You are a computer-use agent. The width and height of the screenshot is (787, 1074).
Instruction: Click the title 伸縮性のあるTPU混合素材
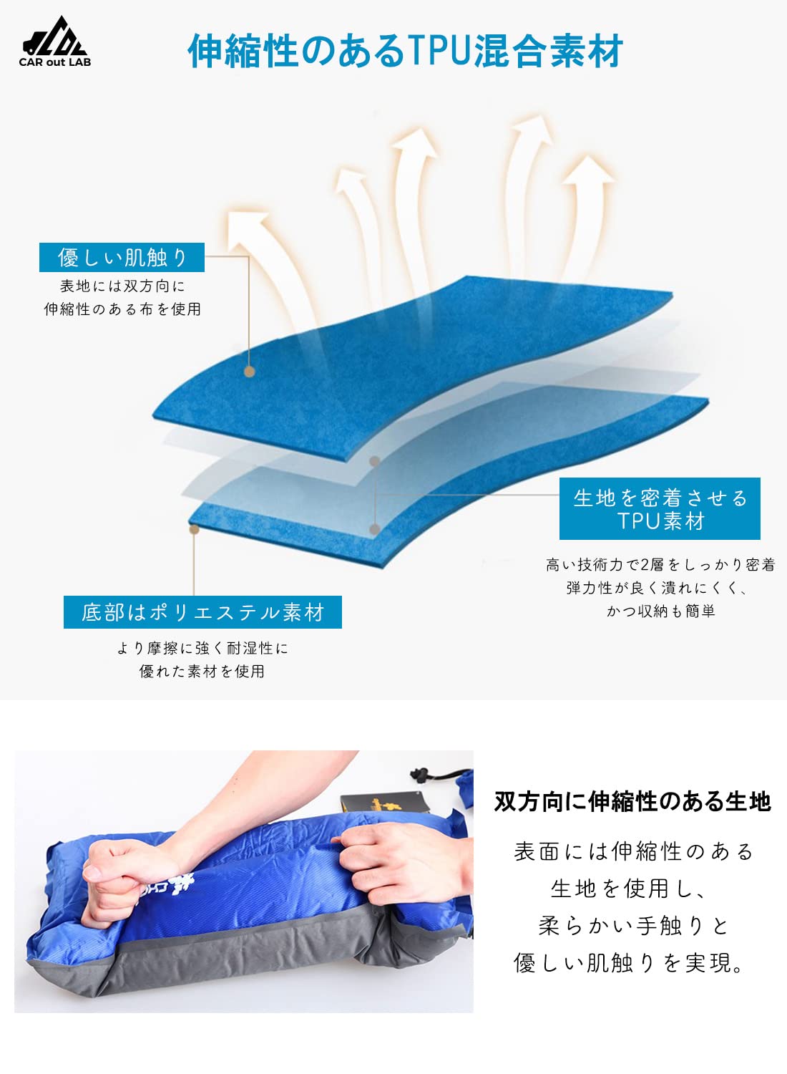click(405, 51)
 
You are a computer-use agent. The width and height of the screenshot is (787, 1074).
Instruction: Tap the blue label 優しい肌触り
click(122, 257)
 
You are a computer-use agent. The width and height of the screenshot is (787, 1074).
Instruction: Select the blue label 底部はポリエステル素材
click(202, 612)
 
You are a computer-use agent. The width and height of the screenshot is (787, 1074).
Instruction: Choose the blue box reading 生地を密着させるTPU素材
click(660, 508)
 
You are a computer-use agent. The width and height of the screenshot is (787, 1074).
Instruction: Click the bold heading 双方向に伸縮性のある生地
click(632, 801)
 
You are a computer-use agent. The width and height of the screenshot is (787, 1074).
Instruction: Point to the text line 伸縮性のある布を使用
click(122, 309)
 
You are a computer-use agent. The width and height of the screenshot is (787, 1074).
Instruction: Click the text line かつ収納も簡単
click(660, 611)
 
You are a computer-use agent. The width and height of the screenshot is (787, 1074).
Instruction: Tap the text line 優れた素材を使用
click(202, 671)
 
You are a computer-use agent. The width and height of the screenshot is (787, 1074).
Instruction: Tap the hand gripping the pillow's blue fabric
click(386, 859)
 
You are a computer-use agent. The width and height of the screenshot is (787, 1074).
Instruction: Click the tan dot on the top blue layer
click(250, 372)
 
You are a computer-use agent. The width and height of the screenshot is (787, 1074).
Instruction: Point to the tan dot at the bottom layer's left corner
click(194, 529)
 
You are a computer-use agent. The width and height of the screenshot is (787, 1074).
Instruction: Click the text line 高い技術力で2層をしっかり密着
click(660, 565)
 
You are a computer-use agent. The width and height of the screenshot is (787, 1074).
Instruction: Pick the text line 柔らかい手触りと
click(632, 926)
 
